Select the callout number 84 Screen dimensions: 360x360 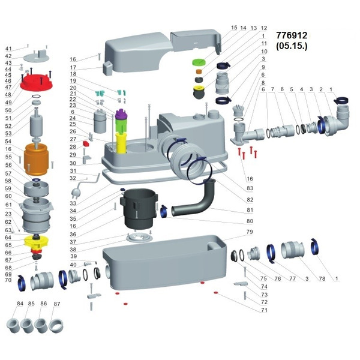[20, 304]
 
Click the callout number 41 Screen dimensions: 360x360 [8, 49]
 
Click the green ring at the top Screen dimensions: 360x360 [199, 62]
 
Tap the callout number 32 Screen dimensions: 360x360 [73, 178]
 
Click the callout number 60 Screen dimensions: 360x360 [8, 196]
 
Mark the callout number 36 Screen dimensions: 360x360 [73, 234]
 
